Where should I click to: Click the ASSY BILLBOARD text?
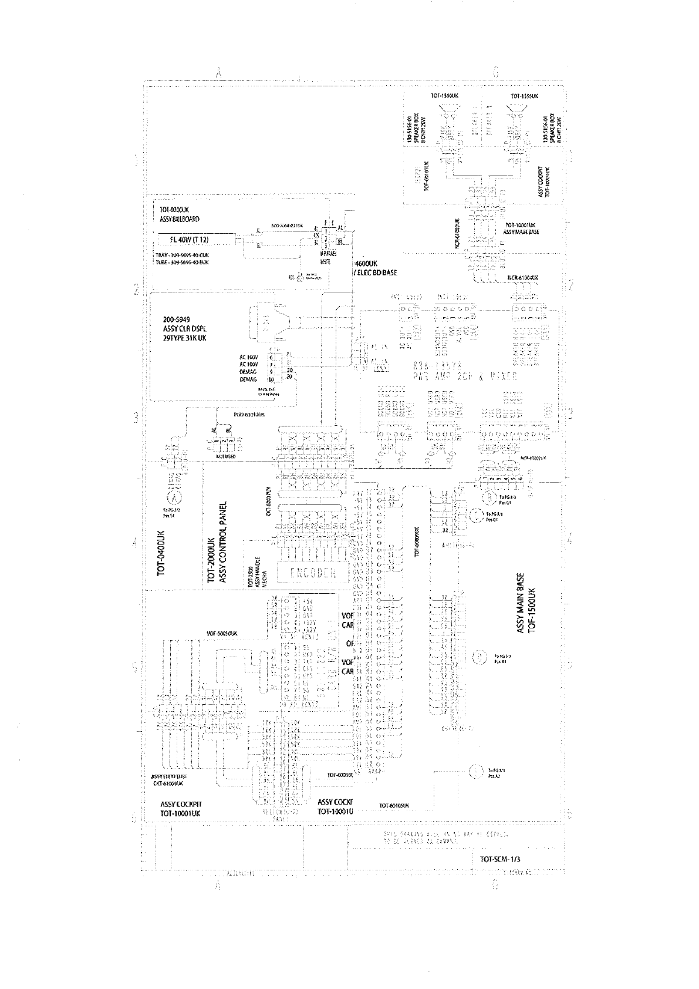(180, 219)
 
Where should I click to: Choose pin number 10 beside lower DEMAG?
(271, 380)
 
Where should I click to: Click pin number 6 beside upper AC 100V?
(271, 357)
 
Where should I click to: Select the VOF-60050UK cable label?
(222, 634)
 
